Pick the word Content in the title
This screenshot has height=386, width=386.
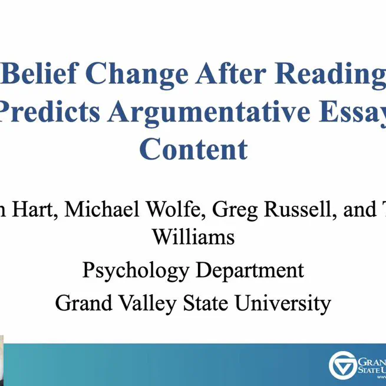[x=193, y=149]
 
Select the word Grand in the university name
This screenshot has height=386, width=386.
[x=82, y=303]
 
